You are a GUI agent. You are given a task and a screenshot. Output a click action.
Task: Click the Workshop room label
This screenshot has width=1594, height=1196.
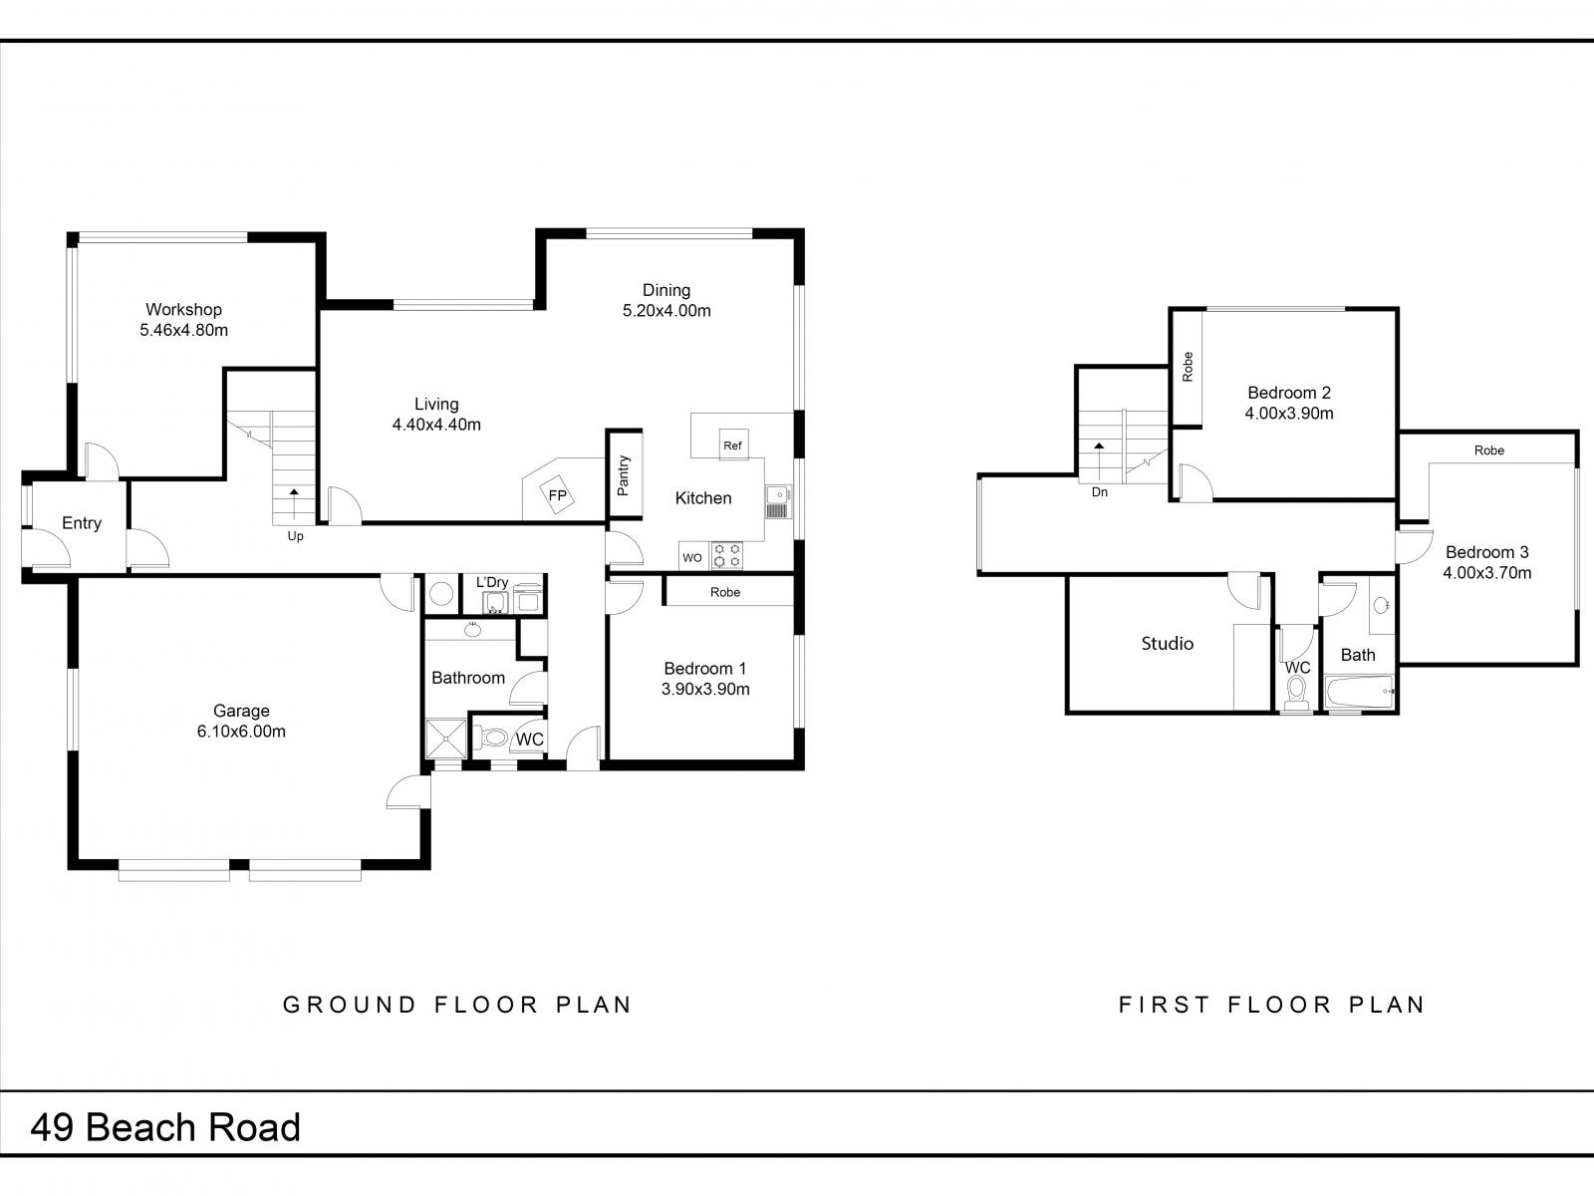(x=183, y=310)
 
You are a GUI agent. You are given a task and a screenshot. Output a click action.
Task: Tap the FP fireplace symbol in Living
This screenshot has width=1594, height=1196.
(x=557, y=495)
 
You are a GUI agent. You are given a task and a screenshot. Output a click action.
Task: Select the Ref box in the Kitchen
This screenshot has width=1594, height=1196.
(x=732, y=446)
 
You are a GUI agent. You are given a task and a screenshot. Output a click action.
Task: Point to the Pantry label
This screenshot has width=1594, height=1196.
(x=624, y=476)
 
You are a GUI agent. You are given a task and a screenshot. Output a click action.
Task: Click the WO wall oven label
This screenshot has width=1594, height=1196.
(x=692, y=558)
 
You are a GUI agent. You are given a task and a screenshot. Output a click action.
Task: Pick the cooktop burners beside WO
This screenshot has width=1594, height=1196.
(x=726, y=556)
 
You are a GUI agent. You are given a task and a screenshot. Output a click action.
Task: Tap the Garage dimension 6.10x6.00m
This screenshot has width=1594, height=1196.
(x=241, y=732)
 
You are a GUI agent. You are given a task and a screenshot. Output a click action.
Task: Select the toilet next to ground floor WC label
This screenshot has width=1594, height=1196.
(x=492, y=740)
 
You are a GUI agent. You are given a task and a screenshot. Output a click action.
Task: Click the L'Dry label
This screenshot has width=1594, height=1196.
(x=492, y=582)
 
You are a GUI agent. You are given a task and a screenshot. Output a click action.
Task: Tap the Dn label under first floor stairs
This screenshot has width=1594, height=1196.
(x=1099, y=492)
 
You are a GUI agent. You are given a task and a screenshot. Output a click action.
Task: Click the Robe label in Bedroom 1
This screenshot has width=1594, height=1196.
(x=725, y=592)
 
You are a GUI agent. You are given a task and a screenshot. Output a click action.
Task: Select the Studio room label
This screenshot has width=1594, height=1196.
(x=1167, y=644)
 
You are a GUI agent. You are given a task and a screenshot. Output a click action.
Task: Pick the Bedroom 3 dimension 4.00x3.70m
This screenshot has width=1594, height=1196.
(x=1486, y=573)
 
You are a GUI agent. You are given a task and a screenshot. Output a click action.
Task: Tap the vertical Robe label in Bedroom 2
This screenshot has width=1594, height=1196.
(x=1187, y=367)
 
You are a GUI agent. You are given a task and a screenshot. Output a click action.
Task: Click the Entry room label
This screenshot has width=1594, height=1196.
(x=82, y=523)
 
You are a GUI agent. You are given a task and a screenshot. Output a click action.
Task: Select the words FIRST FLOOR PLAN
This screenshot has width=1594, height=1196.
(x=1271, y=1005)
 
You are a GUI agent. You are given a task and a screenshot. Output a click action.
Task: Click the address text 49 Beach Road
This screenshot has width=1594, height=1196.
(x=165, y=1127)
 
